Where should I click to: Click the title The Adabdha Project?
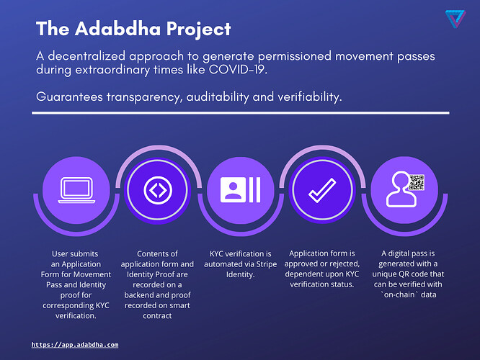133,29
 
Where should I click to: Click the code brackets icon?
155,189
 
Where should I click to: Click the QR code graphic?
416,181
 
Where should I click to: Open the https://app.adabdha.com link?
75,346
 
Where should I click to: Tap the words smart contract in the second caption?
156,305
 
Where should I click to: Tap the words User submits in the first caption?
74,253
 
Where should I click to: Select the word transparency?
146,96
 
